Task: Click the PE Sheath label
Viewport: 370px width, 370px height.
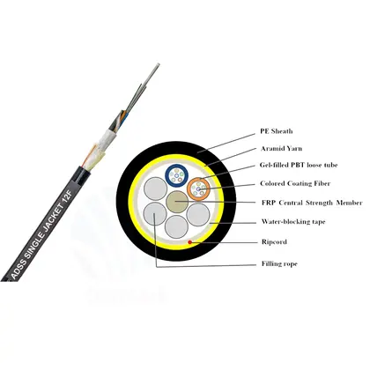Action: pos(277,131)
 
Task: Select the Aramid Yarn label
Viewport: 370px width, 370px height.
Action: pos(281,148)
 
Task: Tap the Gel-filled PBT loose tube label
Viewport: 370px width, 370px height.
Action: pos(299,165)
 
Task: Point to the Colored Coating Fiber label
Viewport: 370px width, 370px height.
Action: pos(295,183)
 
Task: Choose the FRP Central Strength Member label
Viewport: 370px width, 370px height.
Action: pos(312,203)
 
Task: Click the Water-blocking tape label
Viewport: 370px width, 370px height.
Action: pos(293,222)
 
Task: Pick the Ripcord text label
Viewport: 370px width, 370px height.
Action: pos(274,242)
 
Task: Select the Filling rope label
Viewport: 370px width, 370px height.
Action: pos(279,263)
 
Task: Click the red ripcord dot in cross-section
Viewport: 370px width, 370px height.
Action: pos(190,242)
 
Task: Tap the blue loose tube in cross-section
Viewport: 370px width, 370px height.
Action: pos(176,175)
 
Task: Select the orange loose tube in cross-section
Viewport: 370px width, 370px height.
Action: pos(198,189)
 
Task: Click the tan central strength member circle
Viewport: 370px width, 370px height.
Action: pos(177,202)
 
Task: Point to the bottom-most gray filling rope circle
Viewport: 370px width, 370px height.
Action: pos(176,226)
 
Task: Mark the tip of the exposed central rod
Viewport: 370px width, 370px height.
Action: pos(159,64)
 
